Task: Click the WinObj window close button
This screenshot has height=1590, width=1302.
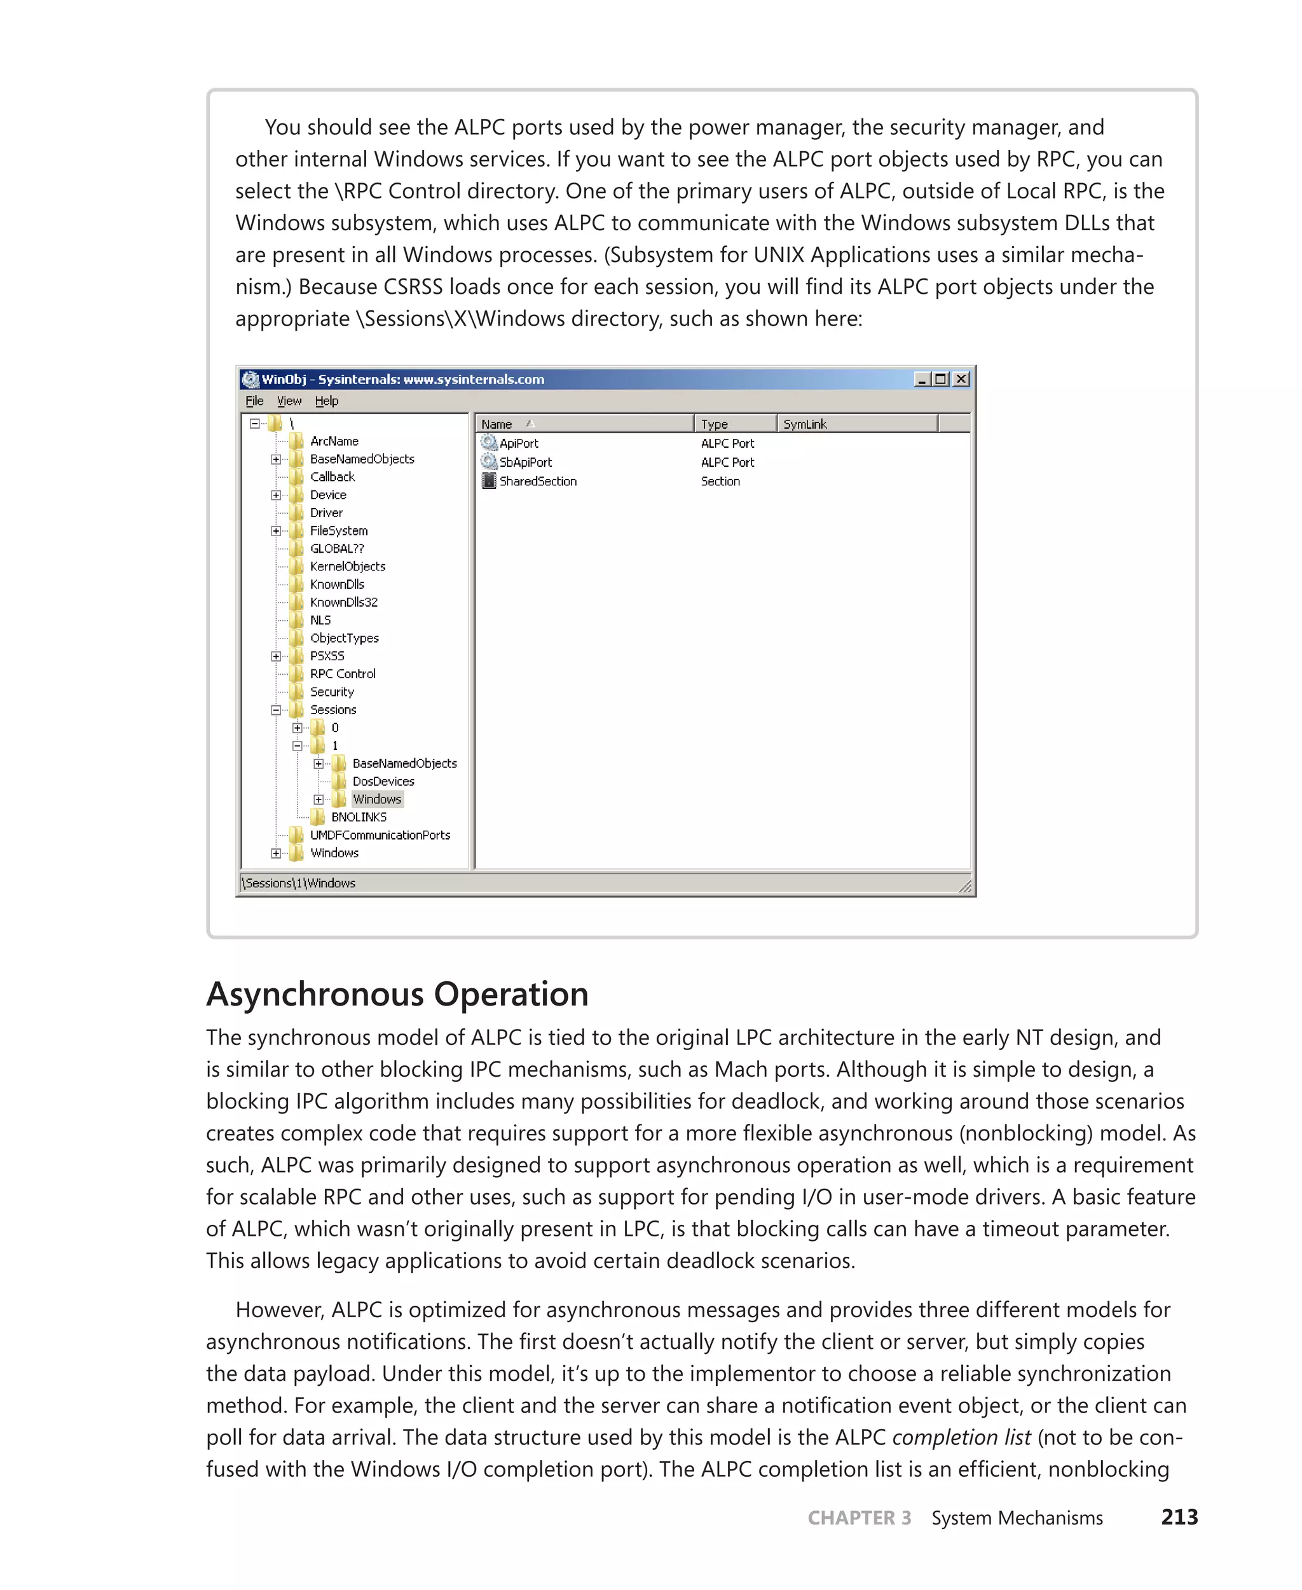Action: [960, 379]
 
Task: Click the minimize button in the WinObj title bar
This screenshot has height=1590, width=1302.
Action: [922, 379]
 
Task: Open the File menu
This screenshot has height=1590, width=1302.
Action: [254, 401]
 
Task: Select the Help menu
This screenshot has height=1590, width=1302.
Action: [326, 401]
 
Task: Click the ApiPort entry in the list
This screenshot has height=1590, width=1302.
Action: [518, 443]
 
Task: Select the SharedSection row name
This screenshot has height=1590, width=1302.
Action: [538, 481]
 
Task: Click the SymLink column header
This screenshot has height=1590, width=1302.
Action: [805, 424]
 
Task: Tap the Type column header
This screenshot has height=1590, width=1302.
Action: [714, 424]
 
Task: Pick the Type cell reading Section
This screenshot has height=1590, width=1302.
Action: [720, 481]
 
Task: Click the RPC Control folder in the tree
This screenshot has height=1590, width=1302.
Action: [343, 674]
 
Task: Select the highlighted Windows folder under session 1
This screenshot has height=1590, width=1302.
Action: [377, 799]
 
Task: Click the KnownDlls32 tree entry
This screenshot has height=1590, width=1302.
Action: [343, 602]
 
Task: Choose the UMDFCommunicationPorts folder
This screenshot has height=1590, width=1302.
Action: [380, 835]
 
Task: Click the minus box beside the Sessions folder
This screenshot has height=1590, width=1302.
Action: [276, 710]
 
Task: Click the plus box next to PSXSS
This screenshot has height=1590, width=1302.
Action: [276, 656]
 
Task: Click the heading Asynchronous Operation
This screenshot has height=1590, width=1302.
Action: [397, 993]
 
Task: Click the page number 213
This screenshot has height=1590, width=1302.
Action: [1179, 1517]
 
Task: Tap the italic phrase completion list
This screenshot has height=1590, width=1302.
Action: [961, 1437]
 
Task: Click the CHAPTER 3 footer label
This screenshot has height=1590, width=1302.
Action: [859, 1518]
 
